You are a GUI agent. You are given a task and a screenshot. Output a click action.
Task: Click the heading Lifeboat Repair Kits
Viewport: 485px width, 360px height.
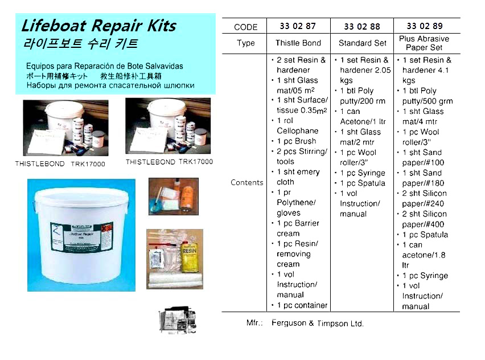[x=98, y=26]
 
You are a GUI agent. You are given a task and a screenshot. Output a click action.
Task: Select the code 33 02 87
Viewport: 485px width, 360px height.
[x=298, y=26]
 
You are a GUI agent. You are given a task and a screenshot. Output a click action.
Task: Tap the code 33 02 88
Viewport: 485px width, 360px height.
[x=362, y=26]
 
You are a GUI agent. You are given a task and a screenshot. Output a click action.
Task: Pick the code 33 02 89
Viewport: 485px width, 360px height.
[x=425, y=26]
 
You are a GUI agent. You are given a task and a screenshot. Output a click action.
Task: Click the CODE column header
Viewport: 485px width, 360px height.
[x=246, y=27]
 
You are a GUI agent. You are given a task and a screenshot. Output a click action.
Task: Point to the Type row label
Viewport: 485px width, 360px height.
[x=246, y=43]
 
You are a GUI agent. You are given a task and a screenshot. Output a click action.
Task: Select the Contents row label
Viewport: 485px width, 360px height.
[x=247, y=183]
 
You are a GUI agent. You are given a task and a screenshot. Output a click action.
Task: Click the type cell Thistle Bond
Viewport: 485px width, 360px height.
[x=298, y=43]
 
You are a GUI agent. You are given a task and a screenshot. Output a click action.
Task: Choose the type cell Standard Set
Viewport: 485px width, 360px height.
[x=362, y=43]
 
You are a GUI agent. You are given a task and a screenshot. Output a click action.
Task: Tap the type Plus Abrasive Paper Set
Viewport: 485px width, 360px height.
[x=425, y=43]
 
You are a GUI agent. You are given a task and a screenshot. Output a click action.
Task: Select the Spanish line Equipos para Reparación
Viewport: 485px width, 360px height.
[x=105, y=66]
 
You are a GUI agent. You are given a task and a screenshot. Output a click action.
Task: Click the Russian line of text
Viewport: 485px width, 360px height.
[x=110, y=85]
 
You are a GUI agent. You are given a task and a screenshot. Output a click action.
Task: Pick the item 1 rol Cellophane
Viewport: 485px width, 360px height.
[x=298, y=126]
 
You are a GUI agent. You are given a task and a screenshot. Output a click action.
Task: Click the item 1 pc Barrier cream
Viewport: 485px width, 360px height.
[x=298, y=228]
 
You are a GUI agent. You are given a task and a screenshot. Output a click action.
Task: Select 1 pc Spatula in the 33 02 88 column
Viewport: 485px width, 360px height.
[x=363, y=183]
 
